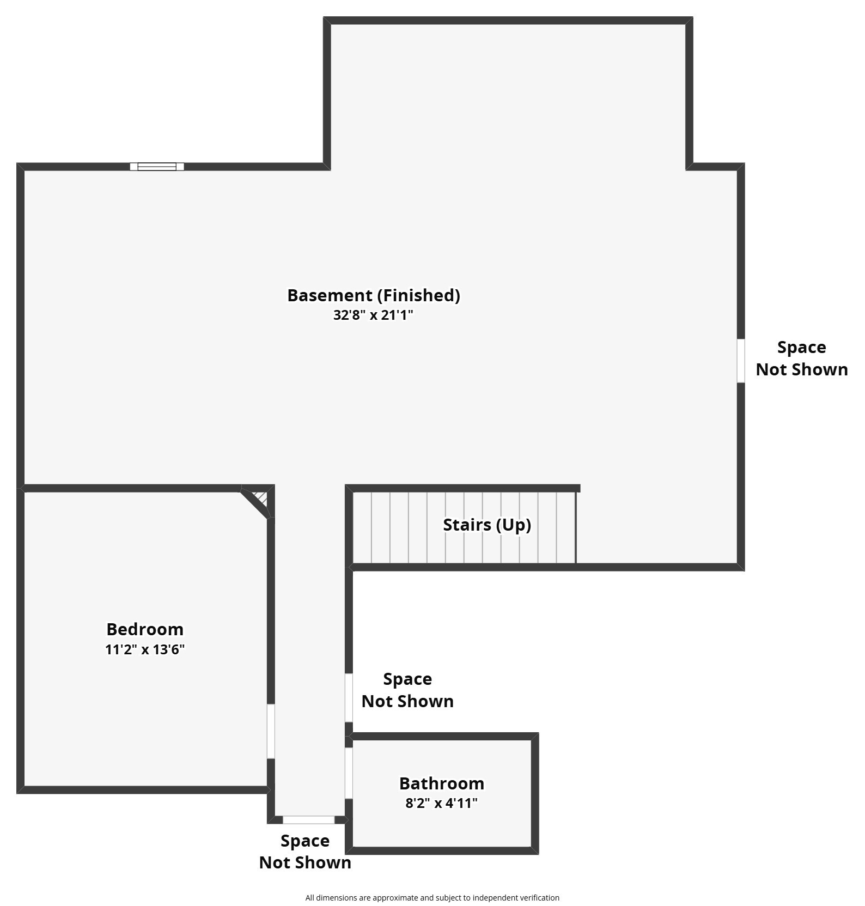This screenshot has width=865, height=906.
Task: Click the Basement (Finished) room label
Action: (x=374, y=295)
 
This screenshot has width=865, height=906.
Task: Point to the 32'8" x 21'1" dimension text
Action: (x=374, y=315)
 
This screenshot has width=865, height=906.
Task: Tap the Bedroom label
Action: (x=145, y=629)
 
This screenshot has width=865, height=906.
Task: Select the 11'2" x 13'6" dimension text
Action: (x=145, y=649)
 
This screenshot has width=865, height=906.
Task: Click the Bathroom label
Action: (x=442, y=783)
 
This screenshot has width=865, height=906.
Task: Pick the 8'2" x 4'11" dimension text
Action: (x=442, y=803)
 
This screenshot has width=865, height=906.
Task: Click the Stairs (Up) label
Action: (x=487, y=525)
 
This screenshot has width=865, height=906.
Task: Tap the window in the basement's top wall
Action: (x=157, y=167)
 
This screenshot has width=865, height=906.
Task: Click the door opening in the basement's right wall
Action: (x=741, y=361)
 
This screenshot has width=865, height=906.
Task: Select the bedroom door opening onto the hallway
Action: (x=271, y=731)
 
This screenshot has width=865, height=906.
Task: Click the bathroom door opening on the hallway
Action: (x=349, y=773)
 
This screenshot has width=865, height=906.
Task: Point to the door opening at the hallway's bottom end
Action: (x=308, y=820)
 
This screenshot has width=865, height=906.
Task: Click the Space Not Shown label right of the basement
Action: (x=802, y=358)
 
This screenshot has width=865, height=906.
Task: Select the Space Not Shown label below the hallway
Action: (x=305, y=852)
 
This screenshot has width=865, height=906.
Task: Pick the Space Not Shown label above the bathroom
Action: (x=407, y=690)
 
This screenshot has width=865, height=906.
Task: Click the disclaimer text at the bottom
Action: (x=432, y=898)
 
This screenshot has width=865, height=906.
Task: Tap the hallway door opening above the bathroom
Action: (x=349, y=698)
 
